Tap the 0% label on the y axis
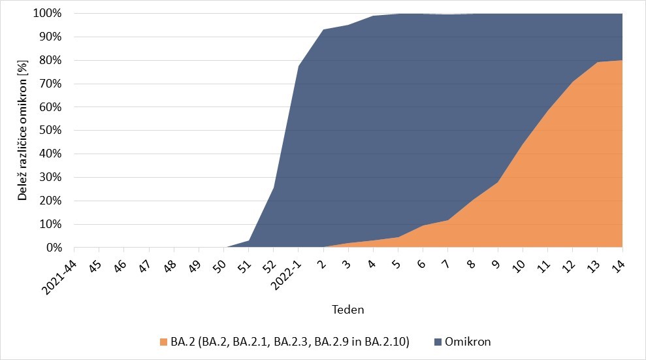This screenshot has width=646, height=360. [x=54, y=248]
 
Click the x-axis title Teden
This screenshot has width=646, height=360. [x=348, y=308]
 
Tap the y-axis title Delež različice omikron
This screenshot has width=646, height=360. [x=22, y=131]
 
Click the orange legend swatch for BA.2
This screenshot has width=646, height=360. [x=163, y=342]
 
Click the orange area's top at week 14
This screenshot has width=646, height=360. [x=622, y=60]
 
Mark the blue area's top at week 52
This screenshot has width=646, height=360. [x=274, y=188]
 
